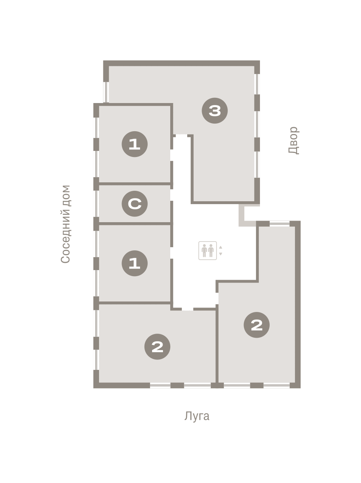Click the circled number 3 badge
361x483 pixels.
click(x=215, y=110)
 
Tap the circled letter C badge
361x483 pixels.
click(x=134, y=204)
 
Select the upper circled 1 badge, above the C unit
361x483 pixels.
click(x=134, y=144)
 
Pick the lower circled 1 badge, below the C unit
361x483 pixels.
click(x=134, y=263)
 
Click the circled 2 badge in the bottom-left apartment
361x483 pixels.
click(x=157, y=347)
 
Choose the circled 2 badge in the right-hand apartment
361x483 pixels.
click(x=256, y=324)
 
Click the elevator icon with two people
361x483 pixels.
click(x=207, y=250)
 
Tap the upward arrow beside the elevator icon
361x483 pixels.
click(x=221, y=247)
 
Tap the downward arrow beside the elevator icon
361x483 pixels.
click(x=221, y=254)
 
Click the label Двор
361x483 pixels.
click(x=293, y=140)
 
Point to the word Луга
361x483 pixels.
click(x=197, y=416)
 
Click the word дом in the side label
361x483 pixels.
click(x=65, y=195)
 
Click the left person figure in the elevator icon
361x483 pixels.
click(x=204, y=250)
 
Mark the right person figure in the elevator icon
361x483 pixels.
click(x=211, y=250)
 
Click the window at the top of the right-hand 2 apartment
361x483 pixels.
click(x=279, y=223)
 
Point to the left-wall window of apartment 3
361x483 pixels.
click(x=106, y=92)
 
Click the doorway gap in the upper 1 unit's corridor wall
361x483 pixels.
click(x=171, y=155)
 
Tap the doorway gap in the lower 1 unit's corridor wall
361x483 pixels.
click(x=171, y=253)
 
